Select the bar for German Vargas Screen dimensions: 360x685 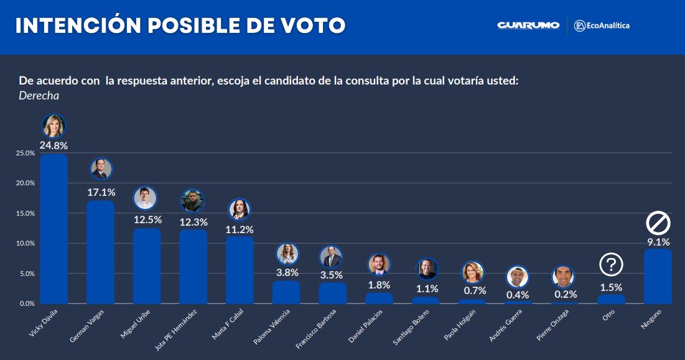pos(100,252)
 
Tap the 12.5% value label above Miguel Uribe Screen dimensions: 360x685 pos(147,219)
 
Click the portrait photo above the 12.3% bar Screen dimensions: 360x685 pos(193,201)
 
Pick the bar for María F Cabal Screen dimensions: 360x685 pos(240,270)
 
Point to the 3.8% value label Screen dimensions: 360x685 pos(287,272)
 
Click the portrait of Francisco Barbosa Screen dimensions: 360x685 pos(332,257)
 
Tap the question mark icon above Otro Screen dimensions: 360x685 pos(611,265)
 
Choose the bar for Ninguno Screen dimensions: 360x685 pos(658,276)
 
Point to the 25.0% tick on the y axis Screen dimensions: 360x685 pos(26,153)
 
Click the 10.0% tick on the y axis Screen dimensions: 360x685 pos(26,244)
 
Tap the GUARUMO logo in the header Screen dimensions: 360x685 pos(528,25)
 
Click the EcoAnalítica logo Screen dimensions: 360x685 pos(602,25)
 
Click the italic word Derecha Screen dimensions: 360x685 pos(39,96)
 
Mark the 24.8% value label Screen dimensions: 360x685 pos(54,145)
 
